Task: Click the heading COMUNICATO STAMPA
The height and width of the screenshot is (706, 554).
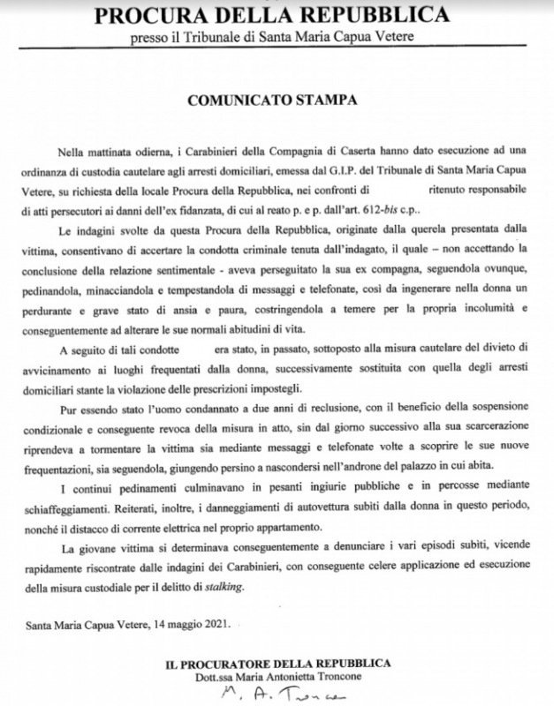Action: pos(277,100)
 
